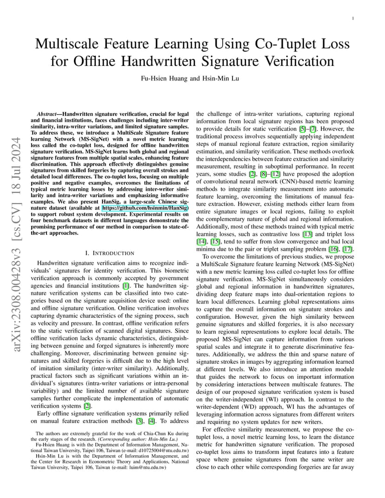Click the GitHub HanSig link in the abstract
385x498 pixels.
pyautogui.click(x=145, y=209)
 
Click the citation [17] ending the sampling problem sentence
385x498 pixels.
pyautogui.click(x=348, y=249)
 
